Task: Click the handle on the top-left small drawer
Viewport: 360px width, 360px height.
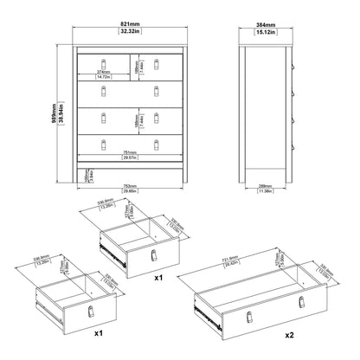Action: click(104, 61)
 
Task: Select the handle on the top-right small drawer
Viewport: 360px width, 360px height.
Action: click(157, 61)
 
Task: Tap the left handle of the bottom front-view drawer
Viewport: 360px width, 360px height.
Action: click(104, 143)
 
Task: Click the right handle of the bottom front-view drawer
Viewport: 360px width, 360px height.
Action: click(157, 143)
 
